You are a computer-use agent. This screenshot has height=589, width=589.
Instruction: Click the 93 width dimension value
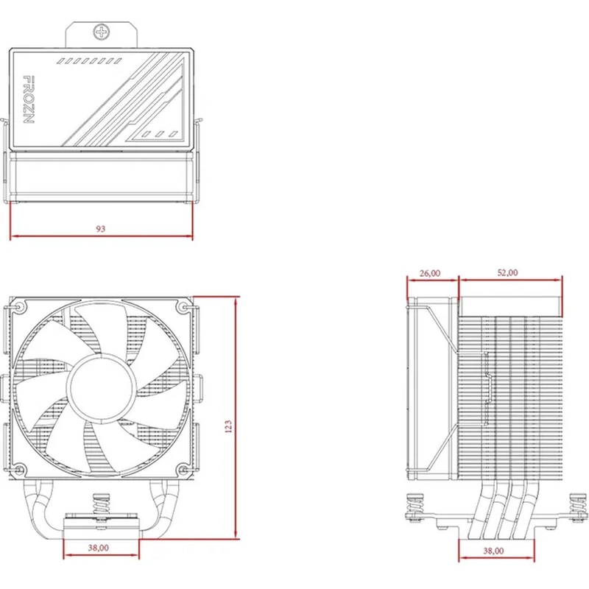(x=101, y=229)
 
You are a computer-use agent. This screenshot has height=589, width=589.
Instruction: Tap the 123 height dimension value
(x=228, y=426)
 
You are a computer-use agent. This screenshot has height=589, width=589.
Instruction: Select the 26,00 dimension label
(x=430, y=273)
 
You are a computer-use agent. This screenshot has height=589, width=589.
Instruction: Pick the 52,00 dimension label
(x=507, y=272)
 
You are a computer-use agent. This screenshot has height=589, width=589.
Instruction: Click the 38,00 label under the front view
(x=99, y=548)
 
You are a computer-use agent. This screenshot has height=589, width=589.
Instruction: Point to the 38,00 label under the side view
(x=493, y=551)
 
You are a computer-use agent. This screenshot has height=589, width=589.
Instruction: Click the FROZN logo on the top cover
(x=29, y=99)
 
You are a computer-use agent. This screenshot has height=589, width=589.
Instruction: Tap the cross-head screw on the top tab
(x=102, y=32)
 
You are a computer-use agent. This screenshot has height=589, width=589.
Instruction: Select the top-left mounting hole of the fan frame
(x=19, y=307)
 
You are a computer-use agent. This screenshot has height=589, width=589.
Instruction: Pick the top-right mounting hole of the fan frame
(x=183, y=307)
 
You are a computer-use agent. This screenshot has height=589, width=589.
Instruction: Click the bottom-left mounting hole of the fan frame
(x=19, y=469)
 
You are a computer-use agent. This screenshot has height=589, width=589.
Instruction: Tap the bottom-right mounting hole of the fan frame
(x=183, y=469)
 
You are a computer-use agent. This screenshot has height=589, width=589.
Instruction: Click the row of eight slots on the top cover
(x=89, y=61)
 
